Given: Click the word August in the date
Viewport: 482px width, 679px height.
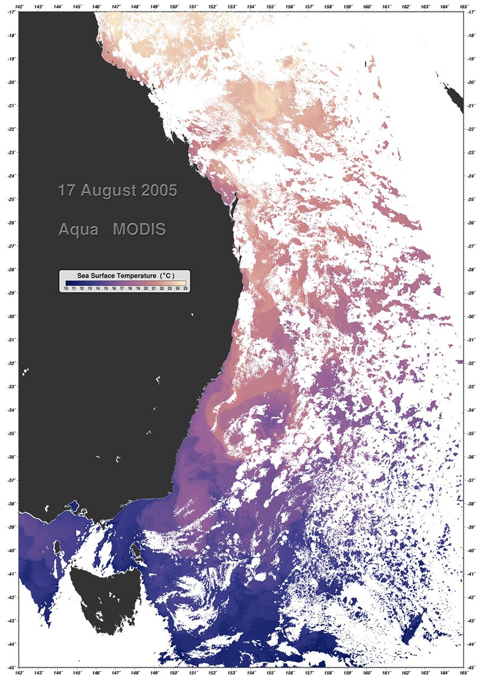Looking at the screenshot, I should point(109,191).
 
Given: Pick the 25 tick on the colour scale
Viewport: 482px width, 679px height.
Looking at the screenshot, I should point(185,288).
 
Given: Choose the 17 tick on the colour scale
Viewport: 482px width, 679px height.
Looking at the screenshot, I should point(122,288).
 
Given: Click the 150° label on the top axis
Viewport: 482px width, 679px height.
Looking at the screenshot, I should point(174,7).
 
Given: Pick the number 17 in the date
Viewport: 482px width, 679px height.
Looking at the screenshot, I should point(66,191).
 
